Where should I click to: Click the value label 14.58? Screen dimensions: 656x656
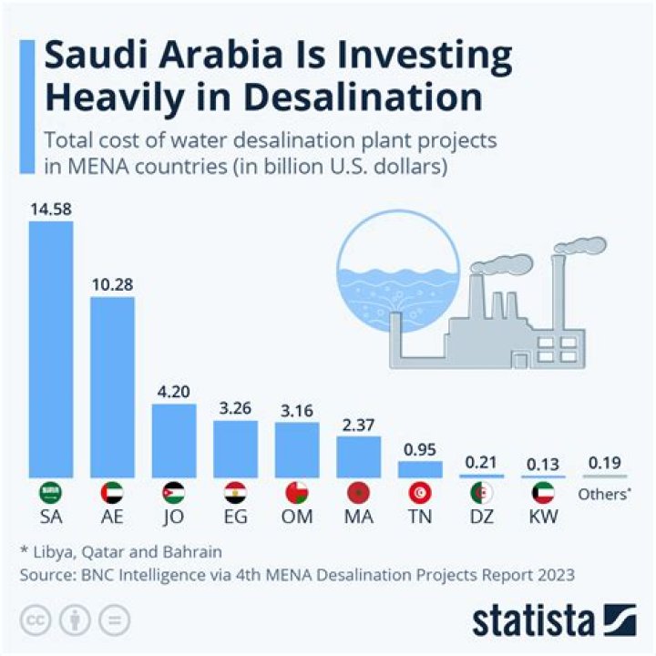50,209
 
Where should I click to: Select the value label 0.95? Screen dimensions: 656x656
420,448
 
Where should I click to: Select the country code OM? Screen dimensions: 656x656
297,518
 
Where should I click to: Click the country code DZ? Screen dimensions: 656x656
482,518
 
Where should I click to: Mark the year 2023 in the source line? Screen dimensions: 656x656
552,574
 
